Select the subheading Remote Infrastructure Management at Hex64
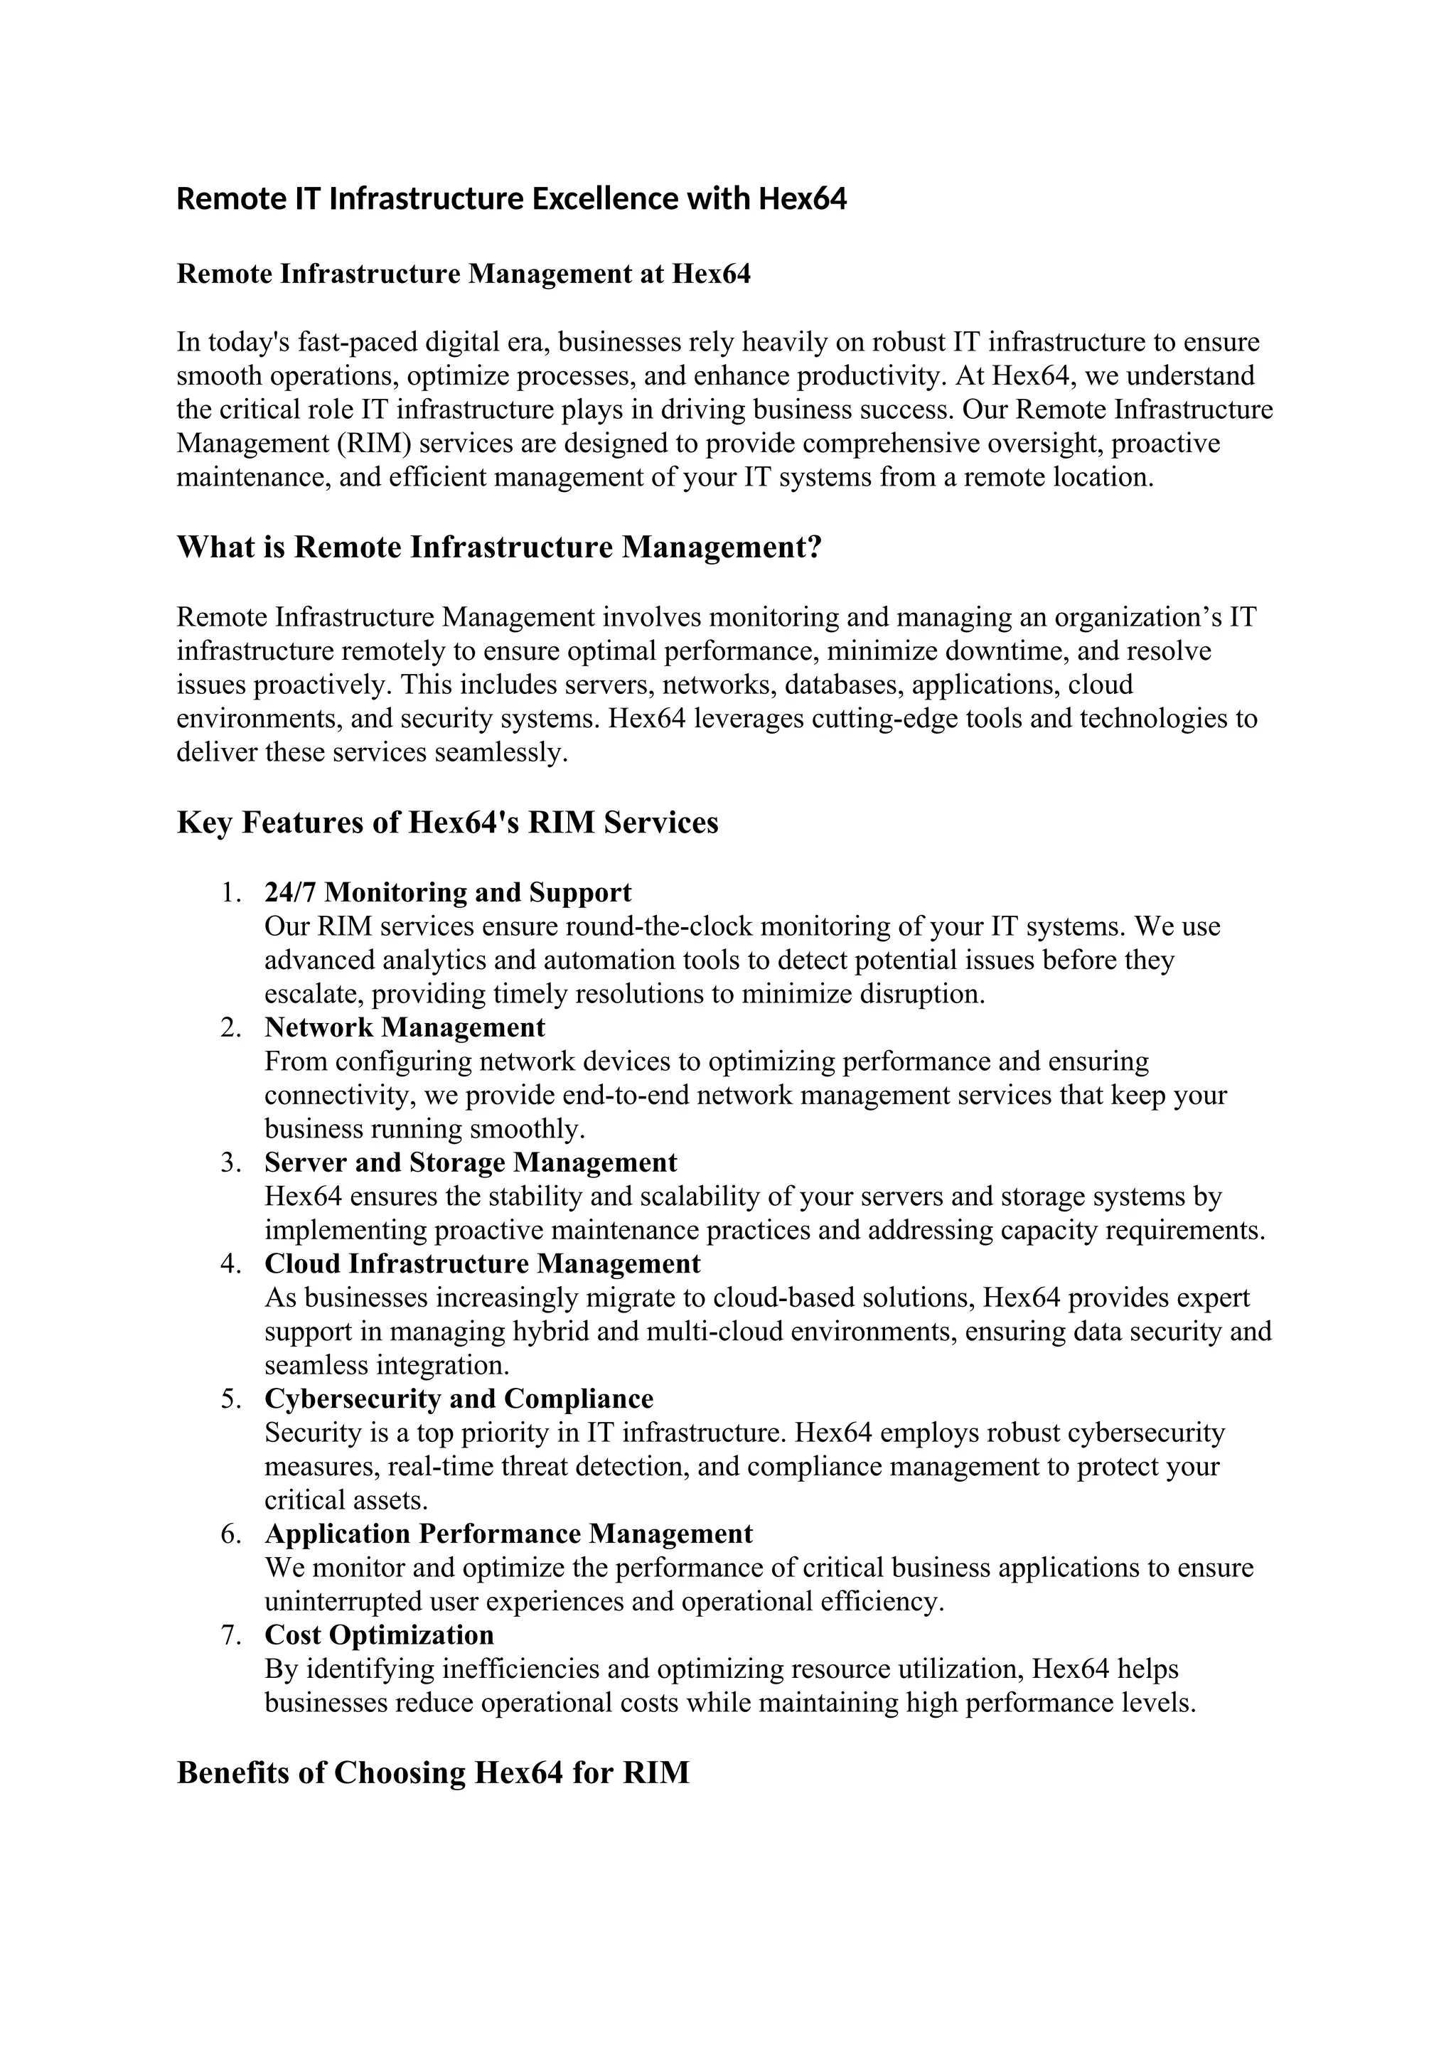click(x=464, y=274)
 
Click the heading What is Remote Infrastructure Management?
click(x=499, y=547)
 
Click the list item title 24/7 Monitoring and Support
click(x=447, y=892)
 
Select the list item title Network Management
click(x=405, y=1027)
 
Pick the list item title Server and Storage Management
click(x=471, y=1162)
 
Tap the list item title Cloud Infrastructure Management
click(x=482, y=1263)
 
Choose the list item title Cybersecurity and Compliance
click(x=459, y=1399)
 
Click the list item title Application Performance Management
click(x=508, y=1534)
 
